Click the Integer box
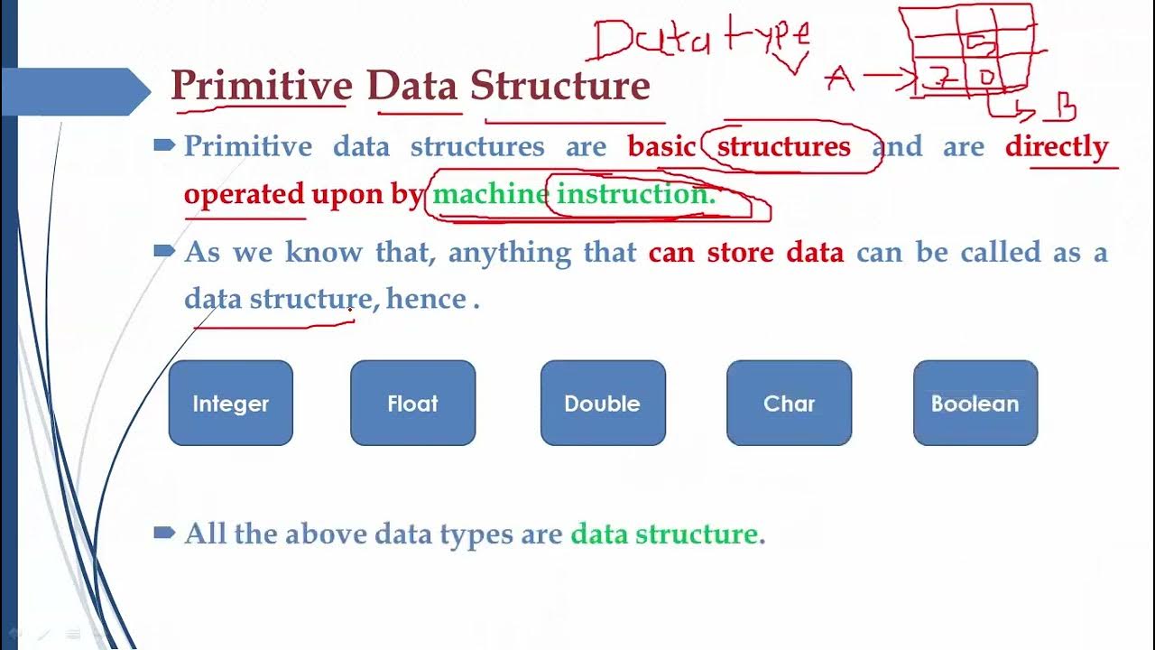(230, 403)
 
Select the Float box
(412, 403)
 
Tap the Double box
(602, 403)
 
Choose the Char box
(789, 403)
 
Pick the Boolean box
(975, 403)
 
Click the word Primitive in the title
(261, 86)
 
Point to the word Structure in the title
(559, 86)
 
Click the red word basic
(661, 146)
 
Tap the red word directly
(1056, 146)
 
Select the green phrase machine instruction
(574, 194)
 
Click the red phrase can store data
(745, 252)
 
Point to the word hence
(426, 299)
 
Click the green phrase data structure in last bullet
(664, 534)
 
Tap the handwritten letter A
(840, 79)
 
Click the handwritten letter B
(1065, 110)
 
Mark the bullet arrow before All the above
(163, 534)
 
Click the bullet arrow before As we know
(163, 252)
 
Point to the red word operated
(244, 194)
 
